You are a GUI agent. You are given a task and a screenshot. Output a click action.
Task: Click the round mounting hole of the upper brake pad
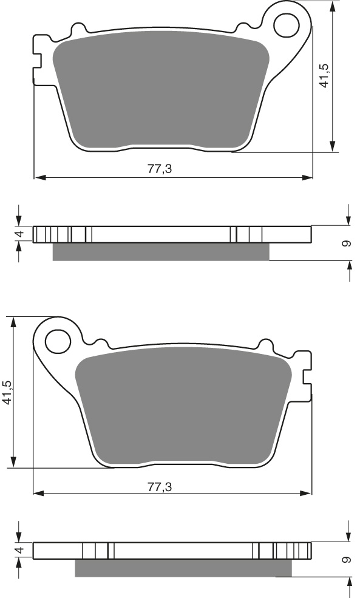tap(287, 25)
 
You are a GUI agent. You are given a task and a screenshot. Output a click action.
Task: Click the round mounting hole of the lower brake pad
tap(58, 339)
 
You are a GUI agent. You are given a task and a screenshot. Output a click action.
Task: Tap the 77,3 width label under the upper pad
tap(160, 169)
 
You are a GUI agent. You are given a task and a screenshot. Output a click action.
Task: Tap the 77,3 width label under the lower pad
tap(160, 486)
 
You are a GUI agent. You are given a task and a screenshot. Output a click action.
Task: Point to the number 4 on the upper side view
tap(19, 234)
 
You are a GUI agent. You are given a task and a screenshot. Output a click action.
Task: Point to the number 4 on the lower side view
tap(19, 551)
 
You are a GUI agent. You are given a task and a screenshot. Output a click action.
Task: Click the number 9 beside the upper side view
tap(346, 243)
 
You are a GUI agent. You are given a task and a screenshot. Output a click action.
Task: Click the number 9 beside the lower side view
tap(346, 559)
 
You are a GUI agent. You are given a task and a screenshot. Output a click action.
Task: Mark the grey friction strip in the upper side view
tap(161, 252)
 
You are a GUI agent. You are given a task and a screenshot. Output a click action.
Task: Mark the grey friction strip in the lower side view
tap(182, 568)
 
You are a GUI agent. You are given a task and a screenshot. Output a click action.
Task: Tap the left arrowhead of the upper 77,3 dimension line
tap(39, 178)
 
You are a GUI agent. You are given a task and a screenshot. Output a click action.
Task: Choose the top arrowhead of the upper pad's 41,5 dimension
tap(333, 7)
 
